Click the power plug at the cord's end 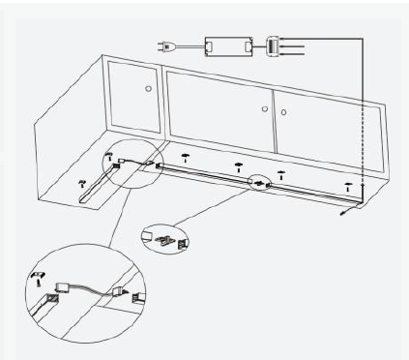tap(164, 45)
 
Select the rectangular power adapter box tap(226, 45)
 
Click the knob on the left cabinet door tap(147, 88)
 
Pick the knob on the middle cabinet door tap(265, 109)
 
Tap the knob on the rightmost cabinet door tap(282, 112)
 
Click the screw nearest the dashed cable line tap(348, 184)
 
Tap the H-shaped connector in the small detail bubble tap(164, 238)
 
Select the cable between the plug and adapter tap(188, 45)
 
